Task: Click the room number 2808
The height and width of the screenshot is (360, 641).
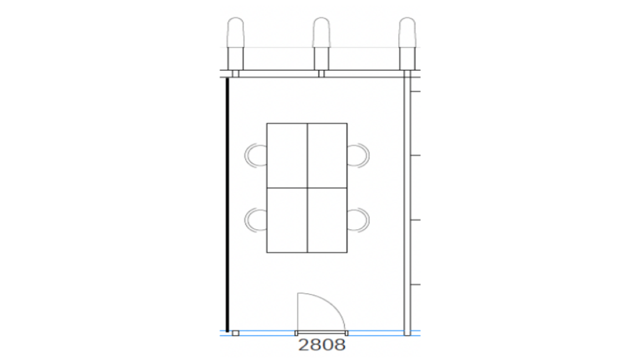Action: tap(322, 345)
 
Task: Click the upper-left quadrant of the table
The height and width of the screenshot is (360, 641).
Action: tap(287, 155)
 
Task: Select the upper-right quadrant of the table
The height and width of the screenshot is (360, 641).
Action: tap(327, 155)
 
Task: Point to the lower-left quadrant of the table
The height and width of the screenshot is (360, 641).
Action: tap(287, 220)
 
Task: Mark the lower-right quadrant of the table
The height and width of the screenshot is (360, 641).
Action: tap(327, 220)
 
